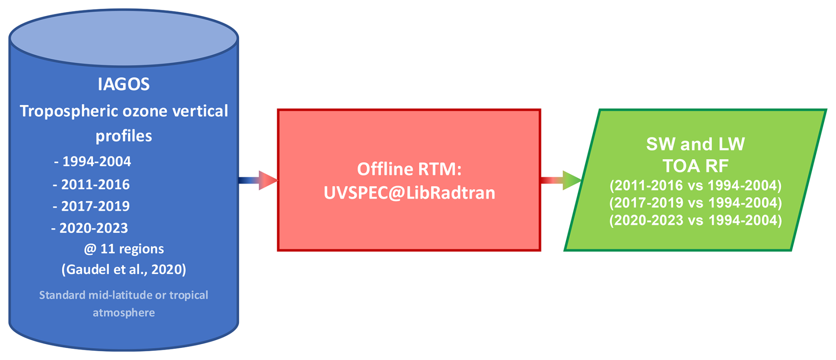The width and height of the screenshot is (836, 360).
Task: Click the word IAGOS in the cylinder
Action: click(124, 84)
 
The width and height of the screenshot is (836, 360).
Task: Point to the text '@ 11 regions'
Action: click(124, 249)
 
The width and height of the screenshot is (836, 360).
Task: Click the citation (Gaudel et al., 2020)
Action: click(124, 269)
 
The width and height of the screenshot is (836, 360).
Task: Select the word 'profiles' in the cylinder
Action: click(124, 136)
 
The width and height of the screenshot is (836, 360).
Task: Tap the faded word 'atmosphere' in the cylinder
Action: click(124, 313)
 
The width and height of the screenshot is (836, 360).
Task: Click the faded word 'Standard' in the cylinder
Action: click(62, 295)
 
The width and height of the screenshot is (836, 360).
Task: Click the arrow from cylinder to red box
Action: click(258, 180)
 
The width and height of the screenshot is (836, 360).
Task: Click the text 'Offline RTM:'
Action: click(409, 169)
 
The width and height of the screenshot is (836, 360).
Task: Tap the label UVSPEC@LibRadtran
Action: click(409, 193)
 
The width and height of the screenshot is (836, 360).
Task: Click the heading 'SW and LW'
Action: click(695, 144)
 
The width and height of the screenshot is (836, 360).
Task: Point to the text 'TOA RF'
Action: click(695, 166)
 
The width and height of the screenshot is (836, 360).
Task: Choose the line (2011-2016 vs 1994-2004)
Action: click(695, 186)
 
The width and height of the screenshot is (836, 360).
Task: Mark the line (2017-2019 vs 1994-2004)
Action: click(695, 203)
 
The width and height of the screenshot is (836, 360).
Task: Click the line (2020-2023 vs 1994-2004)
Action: click(695, 220)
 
